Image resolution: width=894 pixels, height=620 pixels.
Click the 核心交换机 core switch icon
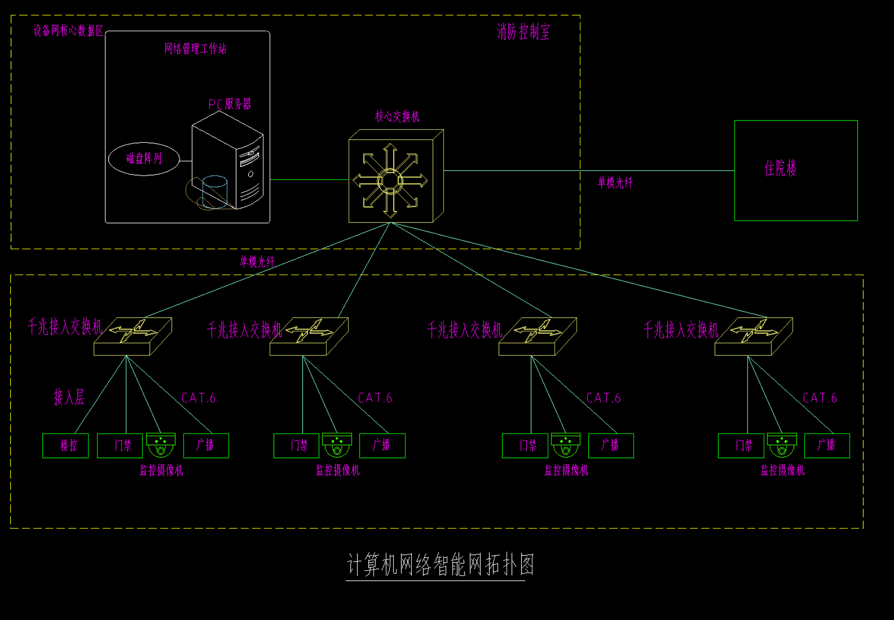[396, 177]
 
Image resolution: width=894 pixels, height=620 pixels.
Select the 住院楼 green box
[796, 170]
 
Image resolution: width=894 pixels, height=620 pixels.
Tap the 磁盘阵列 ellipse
[144, 159]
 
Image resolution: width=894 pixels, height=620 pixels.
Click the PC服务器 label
[229, 104]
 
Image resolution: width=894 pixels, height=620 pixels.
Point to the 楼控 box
[66, 446]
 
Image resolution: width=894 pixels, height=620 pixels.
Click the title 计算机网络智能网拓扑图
[440, 565]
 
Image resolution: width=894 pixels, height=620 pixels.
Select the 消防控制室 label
[523, 33]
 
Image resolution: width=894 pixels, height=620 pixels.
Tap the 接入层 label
[69, 397]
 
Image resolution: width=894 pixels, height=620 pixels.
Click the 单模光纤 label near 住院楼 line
[615, 183]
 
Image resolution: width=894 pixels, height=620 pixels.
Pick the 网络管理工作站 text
[195, 49]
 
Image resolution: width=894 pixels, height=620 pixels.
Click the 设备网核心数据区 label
[68, 31]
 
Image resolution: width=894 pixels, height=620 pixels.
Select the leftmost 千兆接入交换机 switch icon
[133, 336]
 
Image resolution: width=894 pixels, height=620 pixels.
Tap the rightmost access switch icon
[754, 336]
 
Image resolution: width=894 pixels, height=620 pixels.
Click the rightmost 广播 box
[827, 446]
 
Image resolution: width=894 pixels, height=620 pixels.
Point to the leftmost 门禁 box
[120, 446]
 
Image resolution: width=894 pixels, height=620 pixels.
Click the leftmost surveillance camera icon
[161, 445]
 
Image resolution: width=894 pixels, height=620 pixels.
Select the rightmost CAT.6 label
[820, 398]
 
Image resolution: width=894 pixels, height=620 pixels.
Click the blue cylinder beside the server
[215, 191]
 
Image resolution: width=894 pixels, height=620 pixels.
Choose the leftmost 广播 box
[206, 446]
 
